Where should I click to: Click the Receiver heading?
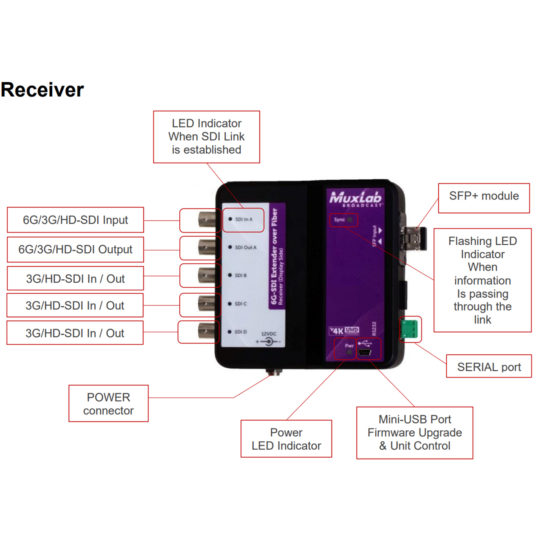(42, 90)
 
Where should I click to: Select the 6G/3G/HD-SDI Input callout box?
(76, 220)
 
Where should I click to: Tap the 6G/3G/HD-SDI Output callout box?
(76, 249)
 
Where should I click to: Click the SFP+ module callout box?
(484, 198)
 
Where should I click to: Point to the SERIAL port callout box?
(489, 366)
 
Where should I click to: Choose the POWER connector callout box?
(108, 404)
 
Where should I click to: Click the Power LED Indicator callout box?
(286, 439)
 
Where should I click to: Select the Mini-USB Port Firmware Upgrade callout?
(415, 433)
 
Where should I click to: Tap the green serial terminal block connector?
(409, 329)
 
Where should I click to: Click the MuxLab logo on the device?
(355, 199)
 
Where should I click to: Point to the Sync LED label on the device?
(339, 220)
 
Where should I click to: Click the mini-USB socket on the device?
(365, 352)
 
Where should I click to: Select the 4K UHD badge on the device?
(344, 331)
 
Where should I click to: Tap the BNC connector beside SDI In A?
(207, 219)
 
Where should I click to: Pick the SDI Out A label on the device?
(246, 248)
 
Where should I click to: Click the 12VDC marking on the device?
(269, 334)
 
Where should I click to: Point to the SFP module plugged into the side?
(414, 238)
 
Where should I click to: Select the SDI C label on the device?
(241, 304)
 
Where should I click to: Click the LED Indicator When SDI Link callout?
(207, 137)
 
